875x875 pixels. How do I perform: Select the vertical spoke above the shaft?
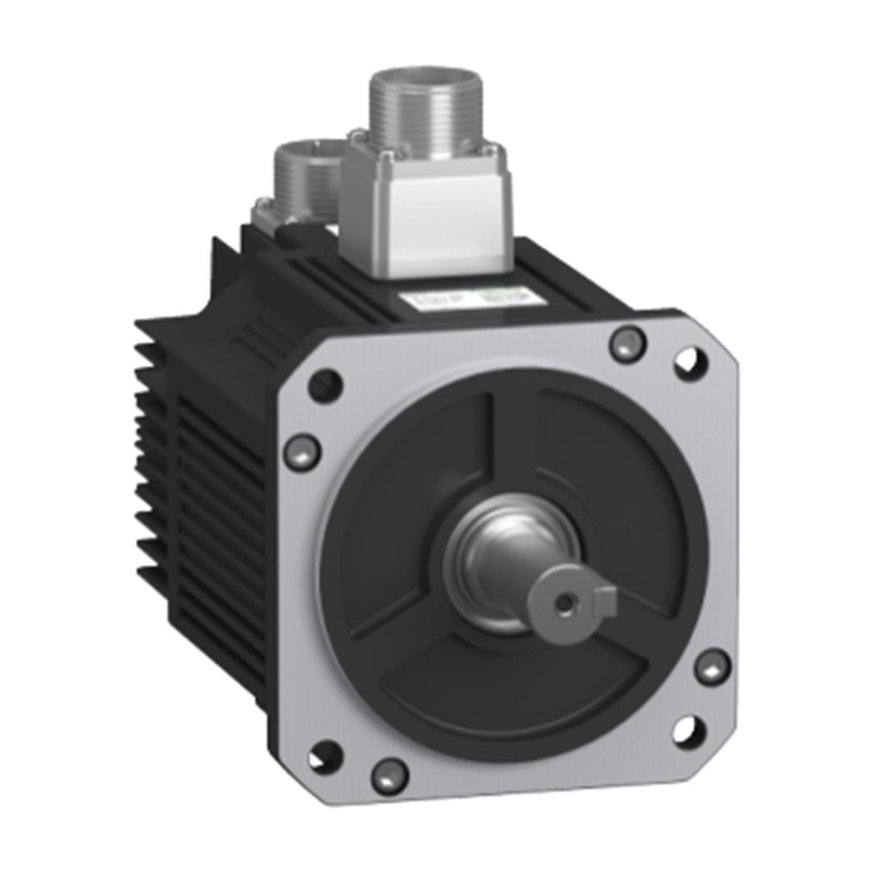(x=515, y=445)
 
